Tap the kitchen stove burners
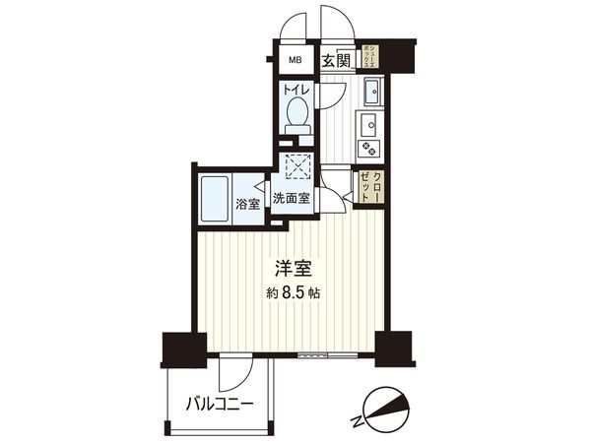(x=369, y=148)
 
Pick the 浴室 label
(x=247, y=205)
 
